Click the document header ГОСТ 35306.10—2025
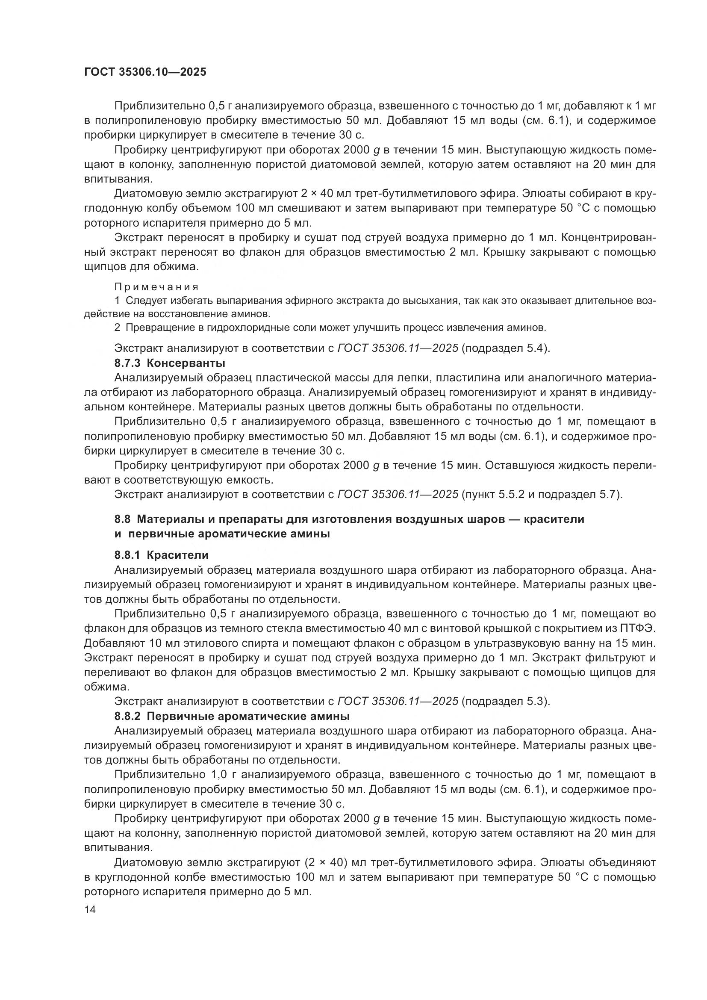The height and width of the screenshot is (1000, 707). coord(145,72)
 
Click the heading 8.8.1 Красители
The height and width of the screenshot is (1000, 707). coord(162,555)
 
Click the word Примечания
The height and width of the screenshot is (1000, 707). coord(156,287)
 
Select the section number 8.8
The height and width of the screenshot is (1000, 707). coord(123,519)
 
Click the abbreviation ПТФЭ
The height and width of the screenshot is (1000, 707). coord(640,628)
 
